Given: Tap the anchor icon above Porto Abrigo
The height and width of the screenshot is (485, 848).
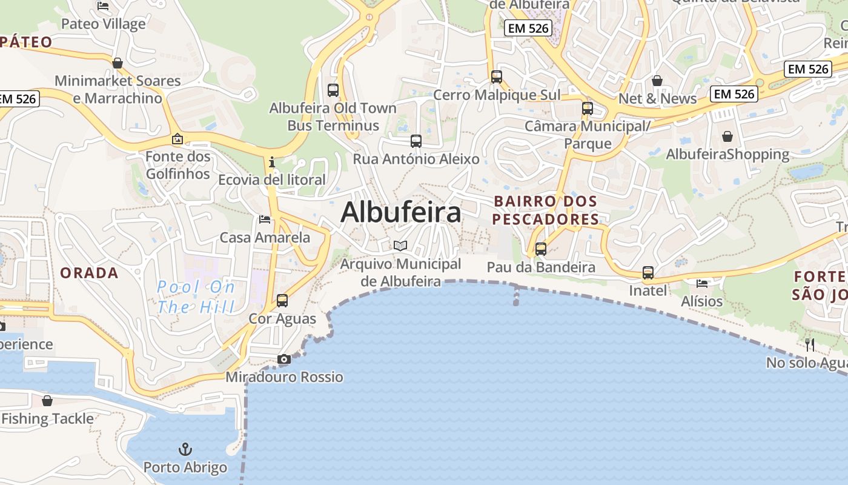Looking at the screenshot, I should pyautogui.click(x=185, y=449).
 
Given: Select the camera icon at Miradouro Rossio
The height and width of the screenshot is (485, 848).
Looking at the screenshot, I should pyautogui.click(x=283, y=360).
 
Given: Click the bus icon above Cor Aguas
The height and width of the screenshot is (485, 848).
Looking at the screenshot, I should pyautogui.click(x=282, y=300).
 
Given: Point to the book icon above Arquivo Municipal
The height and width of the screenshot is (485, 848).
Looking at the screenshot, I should pyautogui.click(x=400, y=246).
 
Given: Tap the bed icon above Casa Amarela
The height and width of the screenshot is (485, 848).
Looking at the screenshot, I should pyautogui.click(x=265, y=219).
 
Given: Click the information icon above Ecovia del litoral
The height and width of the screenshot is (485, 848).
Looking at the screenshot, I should pyautogui.click(x=272, y=162).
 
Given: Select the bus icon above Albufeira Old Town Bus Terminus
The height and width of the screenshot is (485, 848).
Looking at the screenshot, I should pyautogui.click(x=333, y=90).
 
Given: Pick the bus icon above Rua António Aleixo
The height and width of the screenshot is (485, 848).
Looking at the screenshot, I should pyautogui.click(x=416, y=141).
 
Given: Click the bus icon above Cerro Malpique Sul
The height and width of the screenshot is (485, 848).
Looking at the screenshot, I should pyautogui.click(x=497, y=77).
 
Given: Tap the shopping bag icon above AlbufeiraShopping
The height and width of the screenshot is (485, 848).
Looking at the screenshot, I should pyautogui.click(x=727, y=136).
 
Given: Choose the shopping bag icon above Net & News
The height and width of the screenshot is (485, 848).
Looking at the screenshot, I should pyautogui.click(x=657, y=81).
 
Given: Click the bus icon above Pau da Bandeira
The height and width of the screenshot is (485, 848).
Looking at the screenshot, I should pyautogui.click(x=540, y=249).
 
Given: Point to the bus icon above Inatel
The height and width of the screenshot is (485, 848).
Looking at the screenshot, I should pyautogui.click(x=648, y=273).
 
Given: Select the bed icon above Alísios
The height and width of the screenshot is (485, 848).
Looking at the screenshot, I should pyautogui.click(x=702, y=283).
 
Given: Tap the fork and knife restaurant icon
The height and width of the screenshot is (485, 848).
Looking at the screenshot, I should pyautogui.click(x=809, y=345).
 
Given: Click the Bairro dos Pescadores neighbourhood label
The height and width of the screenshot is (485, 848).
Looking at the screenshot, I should pyautogui.click(x=545, y=210).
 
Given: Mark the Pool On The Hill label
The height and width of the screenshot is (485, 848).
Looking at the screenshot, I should pyautogui.click(x=196, y=297).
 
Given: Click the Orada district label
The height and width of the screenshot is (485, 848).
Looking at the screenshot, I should pyautogui.click(x=89, y=273).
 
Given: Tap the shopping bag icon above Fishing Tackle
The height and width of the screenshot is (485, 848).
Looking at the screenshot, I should pyautogui.click(x=47, y=401).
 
